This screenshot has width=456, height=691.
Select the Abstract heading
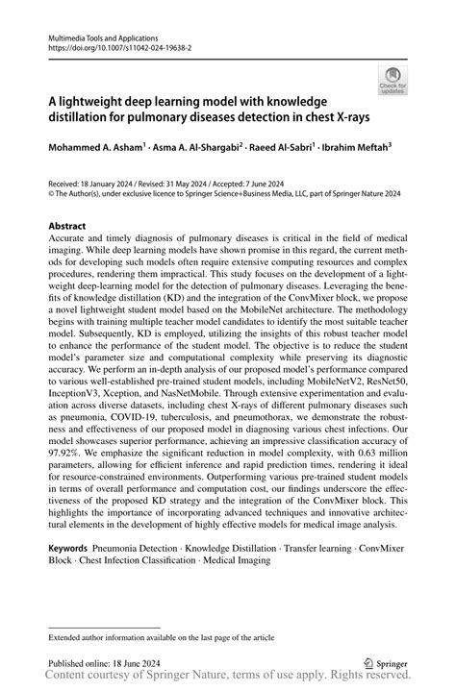pos(69,228)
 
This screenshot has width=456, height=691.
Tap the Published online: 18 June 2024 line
pos(111,663)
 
